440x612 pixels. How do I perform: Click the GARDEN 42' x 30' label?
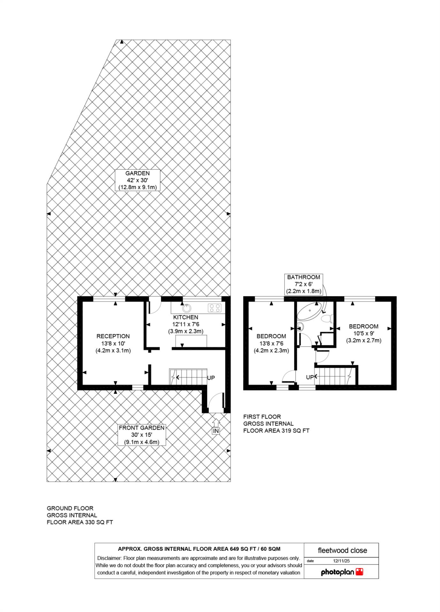(137, 180)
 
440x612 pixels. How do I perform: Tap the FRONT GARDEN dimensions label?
(141, 435)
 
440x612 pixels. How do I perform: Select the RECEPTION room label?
(113, 343)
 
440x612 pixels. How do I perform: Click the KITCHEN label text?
(186, 317)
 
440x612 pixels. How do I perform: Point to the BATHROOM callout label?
(303, 284)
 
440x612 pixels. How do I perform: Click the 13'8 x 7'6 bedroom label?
(271, 343)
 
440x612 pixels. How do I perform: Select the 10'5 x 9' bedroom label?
(363, 333)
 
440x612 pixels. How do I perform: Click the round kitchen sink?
(187, 308)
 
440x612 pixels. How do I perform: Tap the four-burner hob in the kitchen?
(215, 308)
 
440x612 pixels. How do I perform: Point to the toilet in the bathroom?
(327, 318)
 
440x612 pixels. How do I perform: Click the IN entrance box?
(216, 431)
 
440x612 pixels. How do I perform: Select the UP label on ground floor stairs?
(211, 378)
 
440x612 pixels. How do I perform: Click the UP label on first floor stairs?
(310, 377)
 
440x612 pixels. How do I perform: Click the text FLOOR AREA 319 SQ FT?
(276, 431)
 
